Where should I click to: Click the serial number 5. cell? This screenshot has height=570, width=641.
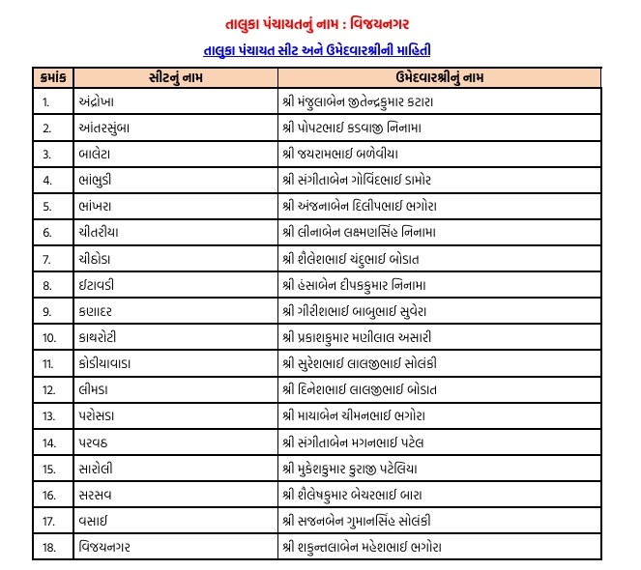tap(46, 206)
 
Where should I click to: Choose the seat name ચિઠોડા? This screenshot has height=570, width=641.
tap(96, 258)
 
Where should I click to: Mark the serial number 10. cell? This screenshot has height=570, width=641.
tap(48, 337)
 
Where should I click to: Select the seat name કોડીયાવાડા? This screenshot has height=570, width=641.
tap(107, 363)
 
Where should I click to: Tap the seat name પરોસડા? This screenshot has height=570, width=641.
tap(97, 415)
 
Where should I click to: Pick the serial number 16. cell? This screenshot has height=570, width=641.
tap(48, 495)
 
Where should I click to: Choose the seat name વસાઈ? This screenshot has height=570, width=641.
tap(93, 521)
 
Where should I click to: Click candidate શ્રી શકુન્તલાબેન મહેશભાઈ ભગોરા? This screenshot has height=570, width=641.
tap(372, 547)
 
